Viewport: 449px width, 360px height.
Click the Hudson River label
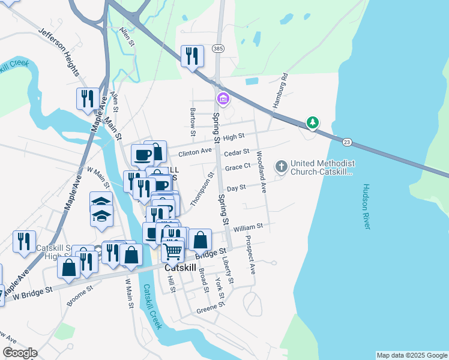point(366,205)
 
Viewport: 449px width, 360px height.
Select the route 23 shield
point(347,142)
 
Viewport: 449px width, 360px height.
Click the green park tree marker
point(312,123)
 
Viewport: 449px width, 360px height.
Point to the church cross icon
point(281,166)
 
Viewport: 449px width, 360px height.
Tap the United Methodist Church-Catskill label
point(323,167)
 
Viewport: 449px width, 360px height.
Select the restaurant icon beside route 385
point(192,56)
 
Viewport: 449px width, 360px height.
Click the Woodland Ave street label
point(261,171)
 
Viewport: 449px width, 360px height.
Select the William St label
point(249,227)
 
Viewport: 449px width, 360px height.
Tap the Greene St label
point(210,308)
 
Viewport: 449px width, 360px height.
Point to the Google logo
point(20,353)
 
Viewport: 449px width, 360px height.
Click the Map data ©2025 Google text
point(412,355)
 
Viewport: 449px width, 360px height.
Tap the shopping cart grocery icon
point(173,250)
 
